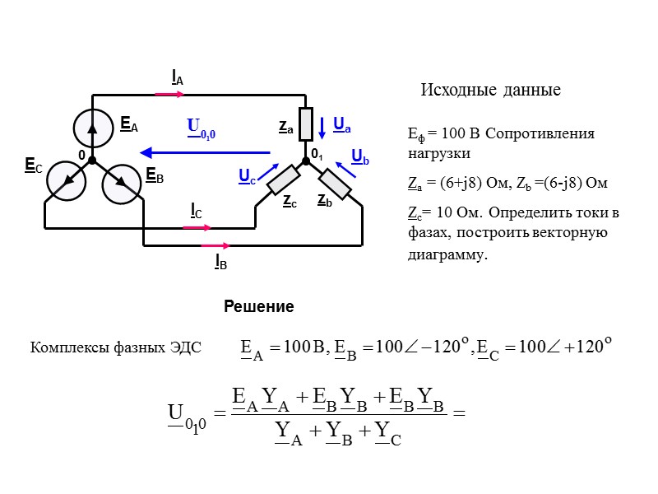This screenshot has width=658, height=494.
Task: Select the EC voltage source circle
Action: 65,182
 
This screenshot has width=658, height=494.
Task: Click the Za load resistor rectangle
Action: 304,124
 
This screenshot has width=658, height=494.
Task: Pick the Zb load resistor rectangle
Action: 335,183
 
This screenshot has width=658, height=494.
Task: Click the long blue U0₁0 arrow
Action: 206,152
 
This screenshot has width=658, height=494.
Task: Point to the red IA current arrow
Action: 169,94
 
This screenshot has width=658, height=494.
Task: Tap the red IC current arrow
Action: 197,227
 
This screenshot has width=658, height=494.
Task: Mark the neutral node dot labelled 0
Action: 92,160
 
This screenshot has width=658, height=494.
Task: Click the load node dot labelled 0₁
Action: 305,161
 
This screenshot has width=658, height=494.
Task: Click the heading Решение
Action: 259,307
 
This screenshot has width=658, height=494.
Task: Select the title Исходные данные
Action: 490,90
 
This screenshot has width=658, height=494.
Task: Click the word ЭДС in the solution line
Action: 185,347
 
